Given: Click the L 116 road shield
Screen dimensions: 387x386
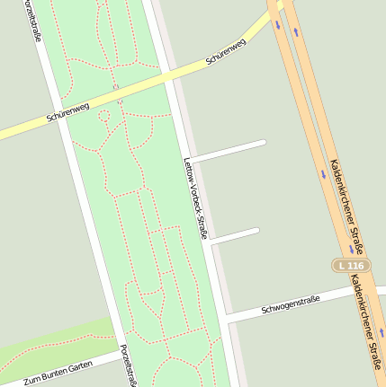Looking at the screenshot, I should tap(350, 266).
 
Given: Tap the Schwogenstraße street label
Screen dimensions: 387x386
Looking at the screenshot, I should tap(291, 303).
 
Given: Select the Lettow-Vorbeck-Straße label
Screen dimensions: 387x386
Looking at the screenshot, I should tap(195, 198).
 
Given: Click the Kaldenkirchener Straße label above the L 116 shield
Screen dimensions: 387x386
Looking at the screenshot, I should tap(343, 205).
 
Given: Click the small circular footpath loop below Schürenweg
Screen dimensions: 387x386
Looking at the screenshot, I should tap(103, 115).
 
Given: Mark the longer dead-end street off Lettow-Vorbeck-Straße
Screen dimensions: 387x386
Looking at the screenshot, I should tap(229, 151).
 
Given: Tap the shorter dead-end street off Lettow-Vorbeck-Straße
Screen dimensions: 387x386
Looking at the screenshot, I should tap(235, 236).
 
